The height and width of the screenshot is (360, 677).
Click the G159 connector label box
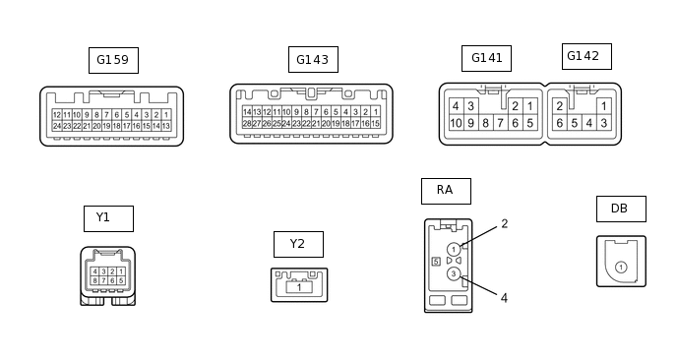pos(113,60)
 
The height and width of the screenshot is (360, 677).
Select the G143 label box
pos(314,60)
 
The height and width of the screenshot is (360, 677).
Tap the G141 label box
pos(486,58)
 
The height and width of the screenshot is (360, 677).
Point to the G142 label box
pos(586,56)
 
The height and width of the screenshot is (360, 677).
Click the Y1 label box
pos(109,218)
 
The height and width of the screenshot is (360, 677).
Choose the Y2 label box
pos(298,244)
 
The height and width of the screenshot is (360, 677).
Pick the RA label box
pos(446,191)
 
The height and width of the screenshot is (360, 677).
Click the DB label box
pos(621,209)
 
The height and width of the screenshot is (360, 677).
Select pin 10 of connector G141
pos(456,123)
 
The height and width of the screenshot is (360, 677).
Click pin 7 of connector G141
pos(500,123)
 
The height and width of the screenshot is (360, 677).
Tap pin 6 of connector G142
pos(560,123)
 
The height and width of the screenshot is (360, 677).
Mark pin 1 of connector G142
pos(604,106)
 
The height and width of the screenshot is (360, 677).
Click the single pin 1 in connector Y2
pos(299,287)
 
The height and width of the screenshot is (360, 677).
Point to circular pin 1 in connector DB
pos(621,268)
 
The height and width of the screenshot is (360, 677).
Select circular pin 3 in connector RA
pos(454,273)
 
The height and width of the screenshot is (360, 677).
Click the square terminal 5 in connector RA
pos(436,262)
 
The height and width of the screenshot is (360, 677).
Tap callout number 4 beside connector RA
pos(504,298)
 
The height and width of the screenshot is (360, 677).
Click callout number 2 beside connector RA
pos(504,223)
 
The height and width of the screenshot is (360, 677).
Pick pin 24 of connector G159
pos(57,126)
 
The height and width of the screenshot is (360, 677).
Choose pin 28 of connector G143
pos(247,124)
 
